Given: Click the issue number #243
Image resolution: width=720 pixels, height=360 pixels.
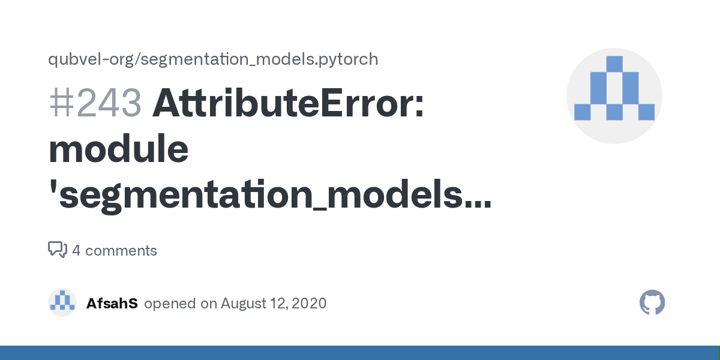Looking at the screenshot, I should (x=95, y=103).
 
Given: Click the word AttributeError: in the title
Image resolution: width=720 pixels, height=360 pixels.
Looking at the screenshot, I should (x=289, y=103).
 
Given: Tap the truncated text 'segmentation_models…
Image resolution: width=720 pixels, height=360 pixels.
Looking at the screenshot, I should (x=269, y=196).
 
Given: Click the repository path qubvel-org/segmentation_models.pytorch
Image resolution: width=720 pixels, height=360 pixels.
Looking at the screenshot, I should (x=213, y=59).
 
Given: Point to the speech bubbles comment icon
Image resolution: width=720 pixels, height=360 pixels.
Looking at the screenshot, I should (x=57, y=250).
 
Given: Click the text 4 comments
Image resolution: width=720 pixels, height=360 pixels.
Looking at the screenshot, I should (x=115, y=250).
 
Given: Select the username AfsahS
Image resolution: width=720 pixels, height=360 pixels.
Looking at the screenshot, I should (x=112, y=303).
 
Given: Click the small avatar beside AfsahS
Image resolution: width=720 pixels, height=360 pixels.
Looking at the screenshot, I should (x=62, y=302).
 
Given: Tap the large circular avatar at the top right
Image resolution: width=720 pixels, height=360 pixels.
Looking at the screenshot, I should (x=614, y=96).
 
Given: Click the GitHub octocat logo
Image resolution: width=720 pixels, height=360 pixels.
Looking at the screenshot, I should (x=652, y=302).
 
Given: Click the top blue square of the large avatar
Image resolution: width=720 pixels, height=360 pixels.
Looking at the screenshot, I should (x=614, y=64).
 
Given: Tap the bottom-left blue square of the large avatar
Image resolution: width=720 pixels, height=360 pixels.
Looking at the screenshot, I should (x=583, y=112).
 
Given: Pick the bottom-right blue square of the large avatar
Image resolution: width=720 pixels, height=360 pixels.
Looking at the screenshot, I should (x=646, y=112).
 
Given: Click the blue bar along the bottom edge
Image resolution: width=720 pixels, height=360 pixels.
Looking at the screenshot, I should (x=360, y=353).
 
